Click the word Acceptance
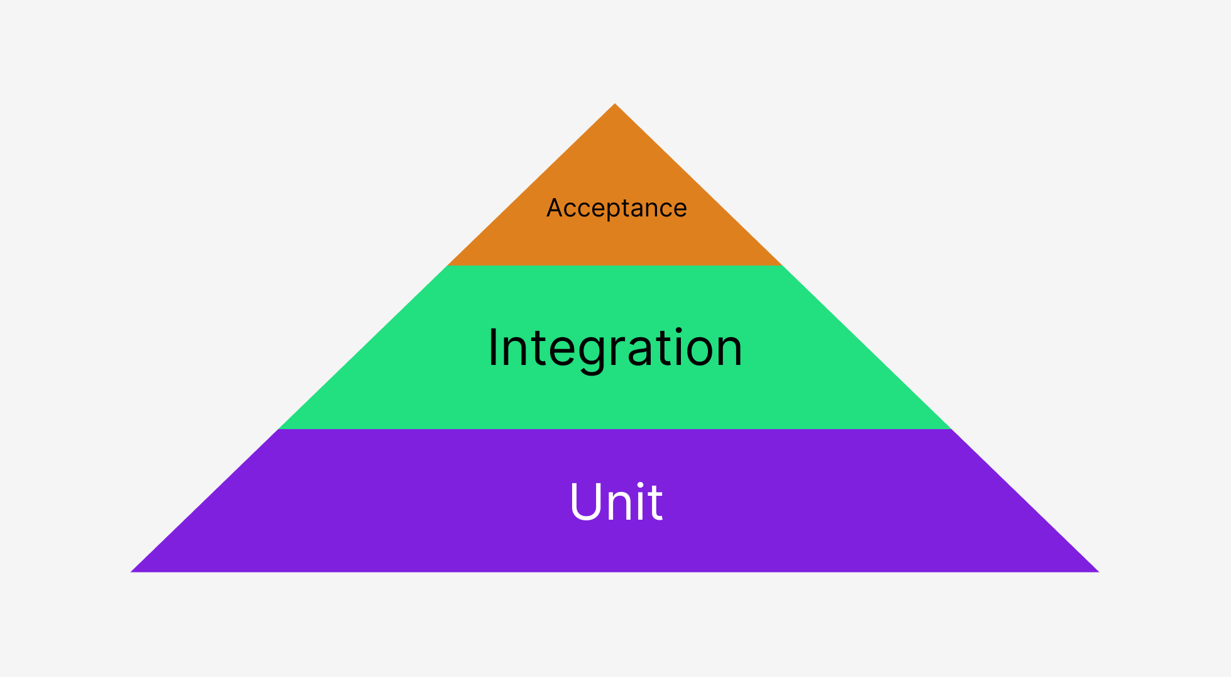pyautogui.click(x=616, y=208)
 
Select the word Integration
pyautogui.click(x=615, y=348)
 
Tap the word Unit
pyautogui.click(x=615, y=501)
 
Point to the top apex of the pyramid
pyautogui.click(x=615, y=104)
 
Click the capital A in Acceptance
pyautogui.click(x=553, y=208)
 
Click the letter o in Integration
pyautogui.click(x=698, y=349)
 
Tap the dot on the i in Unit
pyautogui.click(x=641, y=485)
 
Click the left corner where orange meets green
pyautogui.click(x=448, y=266)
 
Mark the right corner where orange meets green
pyautogui.click(x=782, y=266)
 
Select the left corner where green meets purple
pyautogui.click(x=279, y=429)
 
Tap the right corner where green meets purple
pyautogui.click(x=951, y=429)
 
